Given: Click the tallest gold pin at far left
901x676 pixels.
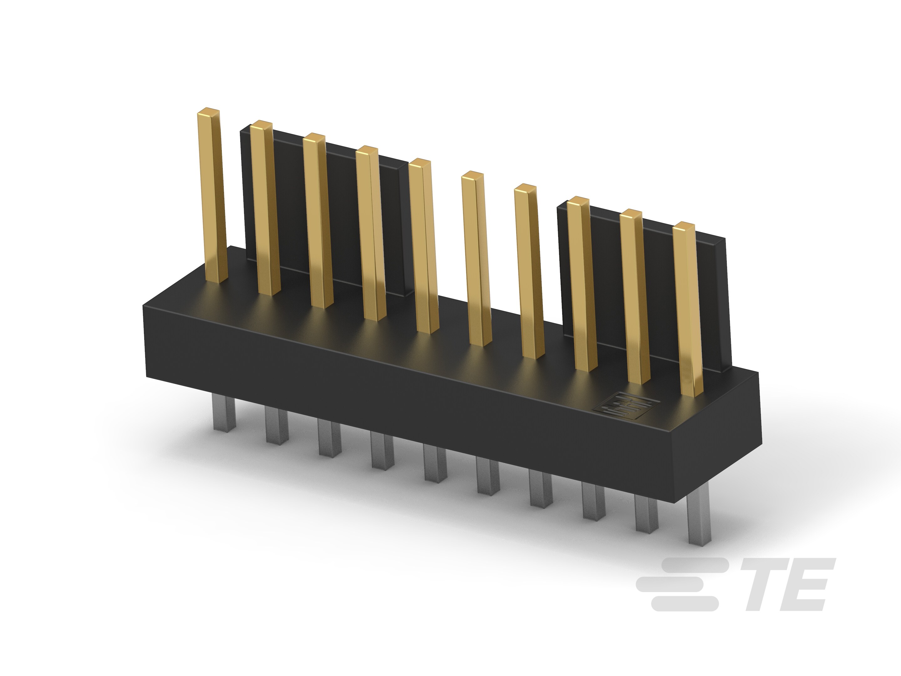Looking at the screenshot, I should tap(212, 196).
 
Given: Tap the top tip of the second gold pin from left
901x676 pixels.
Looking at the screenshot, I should tap(261, 125).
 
